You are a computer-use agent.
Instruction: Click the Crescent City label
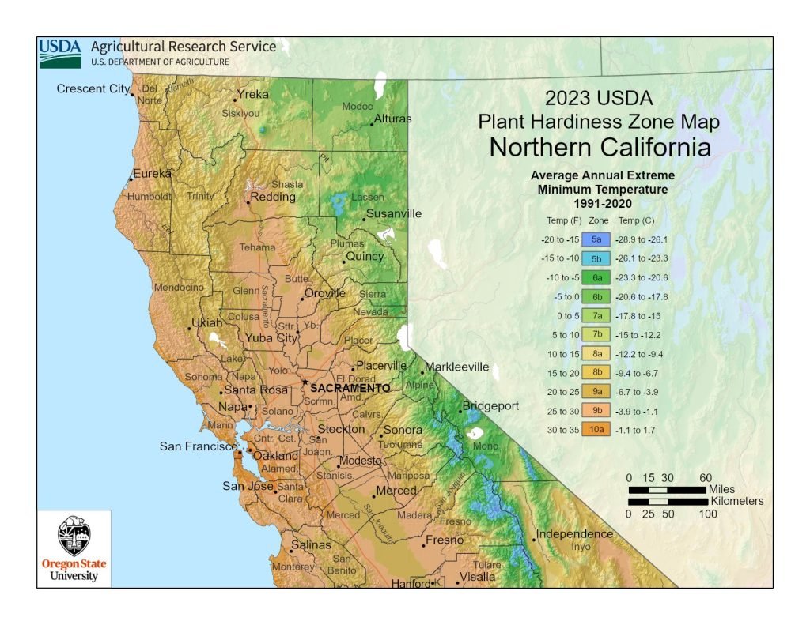tap(92, 88)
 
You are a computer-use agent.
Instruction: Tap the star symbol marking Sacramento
tap(305, 382)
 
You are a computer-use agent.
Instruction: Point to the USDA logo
tap(60, 52)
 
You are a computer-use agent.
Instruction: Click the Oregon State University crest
tap(74, 538)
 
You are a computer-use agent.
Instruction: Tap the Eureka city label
tap(152, 174)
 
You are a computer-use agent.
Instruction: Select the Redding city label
tap(273, 197)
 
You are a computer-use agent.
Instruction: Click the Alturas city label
tap(392, 119)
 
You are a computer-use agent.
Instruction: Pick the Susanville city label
tap(392, 213)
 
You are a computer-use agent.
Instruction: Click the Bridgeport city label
tap(490, 406)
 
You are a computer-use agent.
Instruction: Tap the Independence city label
tap(574, 534)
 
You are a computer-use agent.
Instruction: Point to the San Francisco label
tap(197, 446)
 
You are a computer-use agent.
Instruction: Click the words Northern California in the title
tap(599, 148)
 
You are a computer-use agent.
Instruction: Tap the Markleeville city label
tap(456, 367)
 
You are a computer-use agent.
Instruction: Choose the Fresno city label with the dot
tap(444, 540)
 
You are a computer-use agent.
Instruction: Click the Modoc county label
tap(356, 107)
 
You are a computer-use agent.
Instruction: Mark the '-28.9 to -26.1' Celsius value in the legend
tap(643, 239)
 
